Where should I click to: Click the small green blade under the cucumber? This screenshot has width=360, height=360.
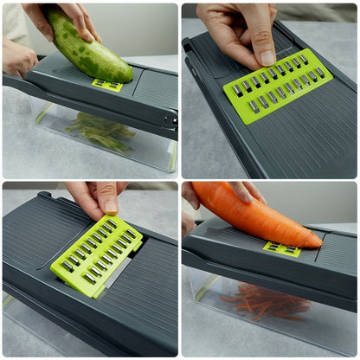[x=108, y=85]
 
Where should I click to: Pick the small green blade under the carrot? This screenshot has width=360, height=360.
[x=282, y=249]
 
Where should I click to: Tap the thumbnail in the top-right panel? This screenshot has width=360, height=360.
[x=267, y=58]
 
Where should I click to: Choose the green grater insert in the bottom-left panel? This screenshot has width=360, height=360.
[x=96, y=250]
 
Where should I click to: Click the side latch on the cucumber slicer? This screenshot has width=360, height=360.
[x=170, y=119]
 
